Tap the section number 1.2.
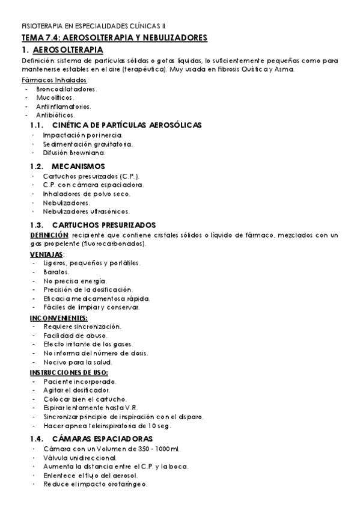[x=38, y=166]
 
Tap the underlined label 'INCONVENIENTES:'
[x=58, y=318]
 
